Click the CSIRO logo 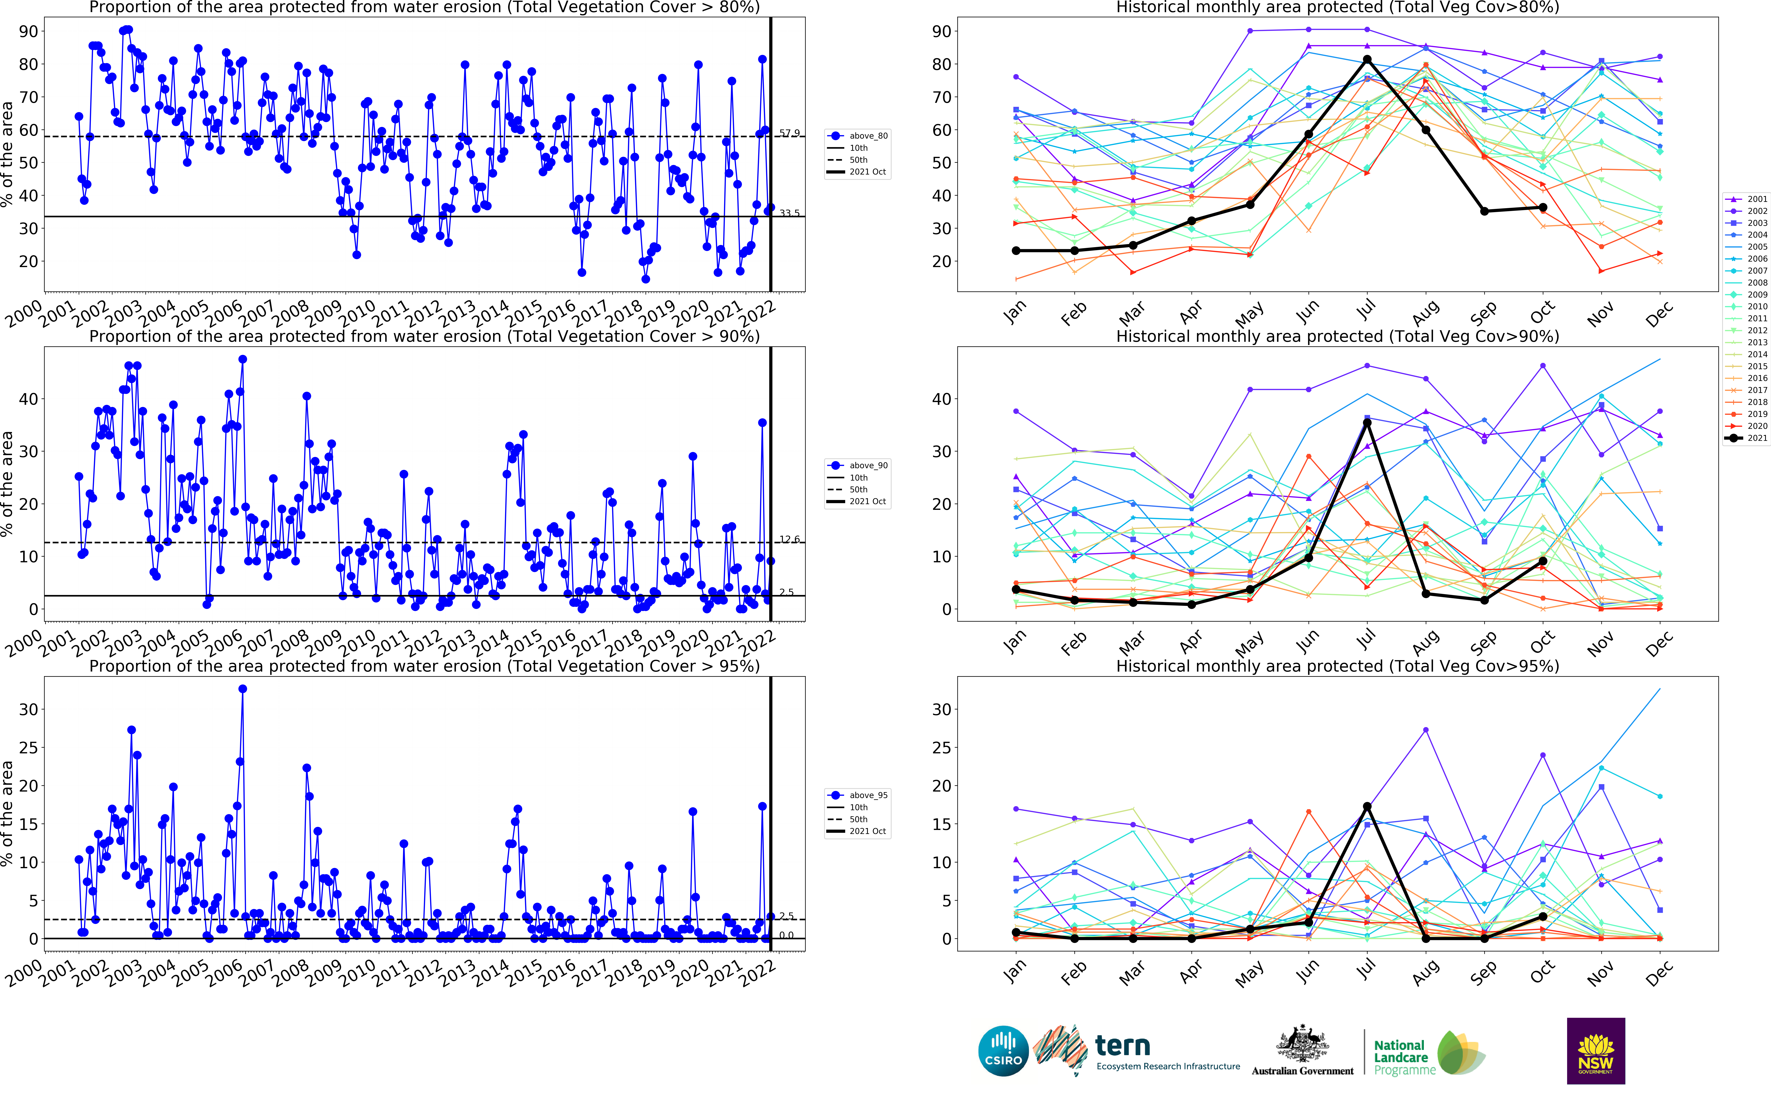click(1003, 1051)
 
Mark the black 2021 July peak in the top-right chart click(1367, 60)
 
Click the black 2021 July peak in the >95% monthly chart click(1367, 806)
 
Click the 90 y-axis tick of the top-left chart click(29, 31)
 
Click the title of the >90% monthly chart click(1337, 336)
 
